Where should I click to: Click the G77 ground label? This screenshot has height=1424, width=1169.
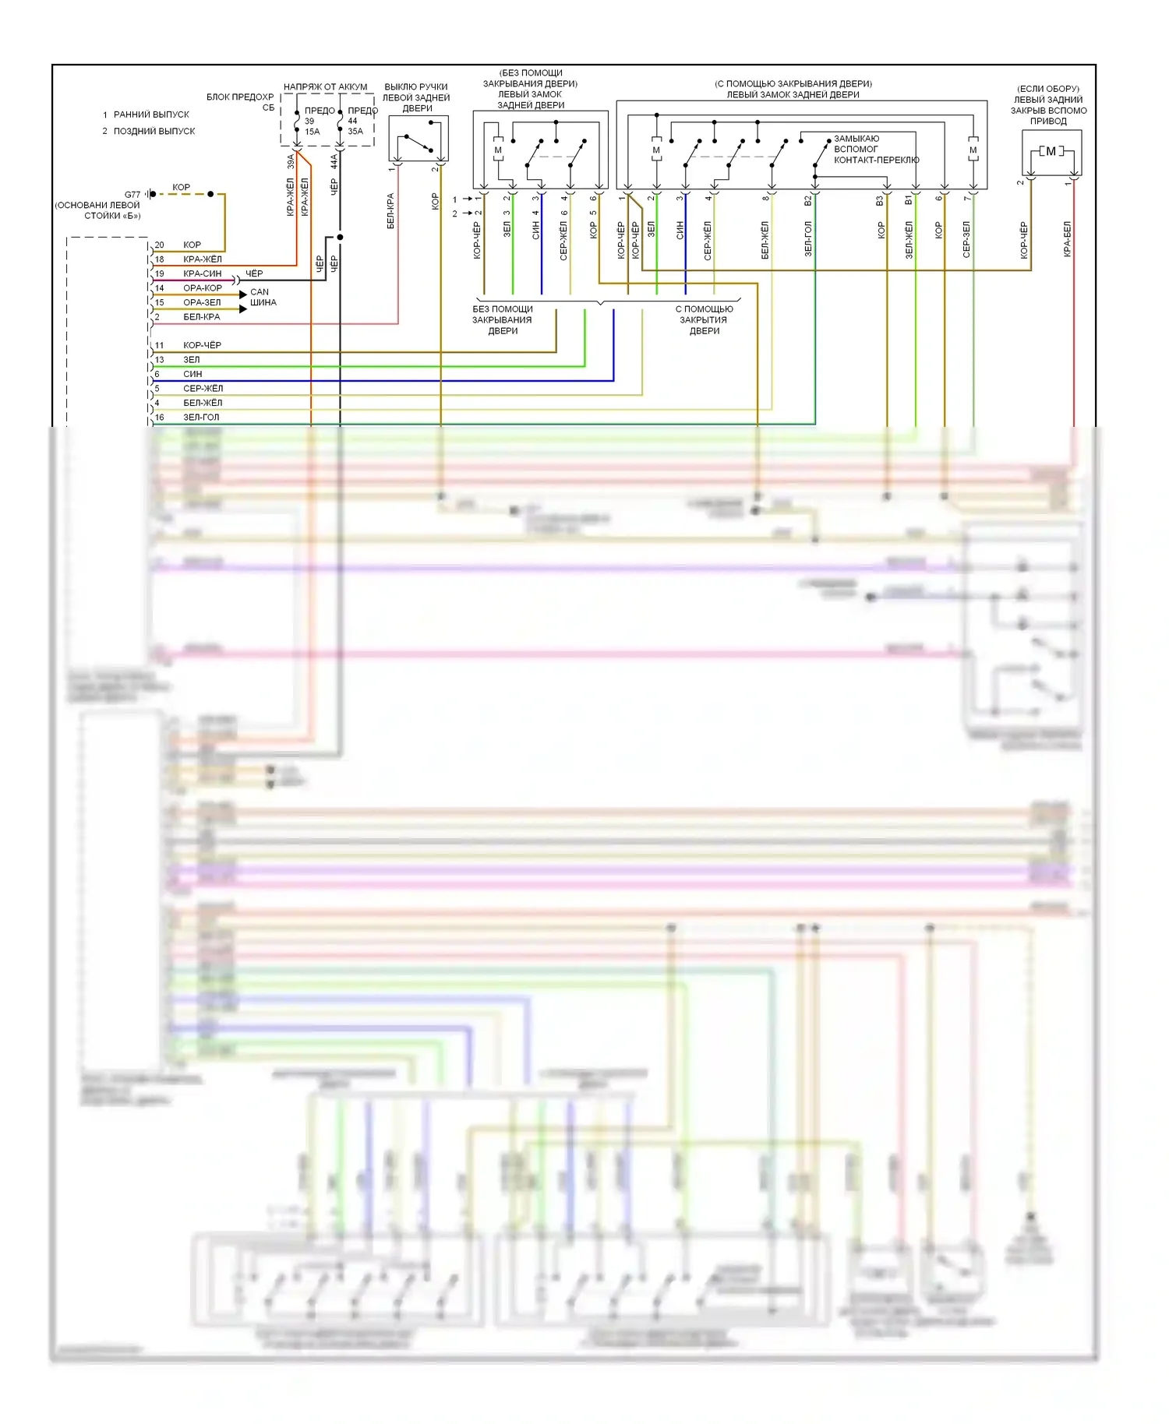tap(132, 195)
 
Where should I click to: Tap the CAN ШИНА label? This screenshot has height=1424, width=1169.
tap(262, 297)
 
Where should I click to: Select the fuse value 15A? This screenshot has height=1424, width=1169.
tap(312, 132)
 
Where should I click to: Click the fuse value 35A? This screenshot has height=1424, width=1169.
tap(355, 132)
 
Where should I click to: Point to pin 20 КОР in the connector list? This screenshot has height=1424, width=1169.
tap(192, 245)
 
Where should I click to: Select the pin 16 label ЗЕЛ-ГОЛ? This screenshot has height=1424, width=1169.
tap(201, 418)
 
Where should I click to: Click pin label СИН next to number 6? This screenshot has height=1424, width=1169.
tap(192, 374)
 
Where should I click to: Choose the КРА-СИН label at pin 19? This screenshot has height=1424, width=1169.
tap(202, 273)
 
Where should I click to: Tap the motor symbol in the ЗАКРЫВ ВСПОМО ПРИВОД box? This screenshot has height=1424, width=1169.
tap(1051, 152)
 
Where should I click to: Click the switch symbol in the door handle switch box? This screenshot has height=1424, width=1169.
tap(417, 144)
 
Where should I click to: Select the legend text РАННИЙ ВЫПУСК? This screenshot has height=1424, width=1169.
tap(151, 115)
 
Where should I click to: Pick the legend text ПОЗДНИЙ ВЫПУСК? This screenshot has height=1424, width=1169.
tap(154, 131)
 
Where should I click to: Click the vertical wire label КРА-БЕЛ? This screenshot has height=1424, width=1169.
tap(1067, 238)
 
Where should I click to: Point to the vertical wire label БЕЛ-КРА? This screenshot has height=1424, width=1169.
tap(390, 210)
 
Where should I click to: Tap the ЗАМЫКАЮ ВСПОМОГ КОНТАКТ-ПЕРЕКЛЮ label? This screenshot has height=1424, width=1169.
tap(876, 149)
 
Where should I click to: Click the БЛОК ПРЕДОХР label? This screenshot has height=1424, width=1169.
tap(240, 97)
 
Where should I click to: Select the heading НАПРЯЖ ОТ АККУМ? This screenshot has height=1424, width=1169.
tap(325, 86)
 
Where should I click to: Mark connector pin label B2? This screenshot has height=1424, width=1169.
tap(808, 200)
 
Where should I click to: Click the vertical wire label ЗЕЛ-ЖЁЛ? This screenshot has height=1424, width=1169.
tap(909, 240)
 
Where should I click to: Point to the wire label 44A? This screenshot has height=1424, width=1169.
tap(334, 161)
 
